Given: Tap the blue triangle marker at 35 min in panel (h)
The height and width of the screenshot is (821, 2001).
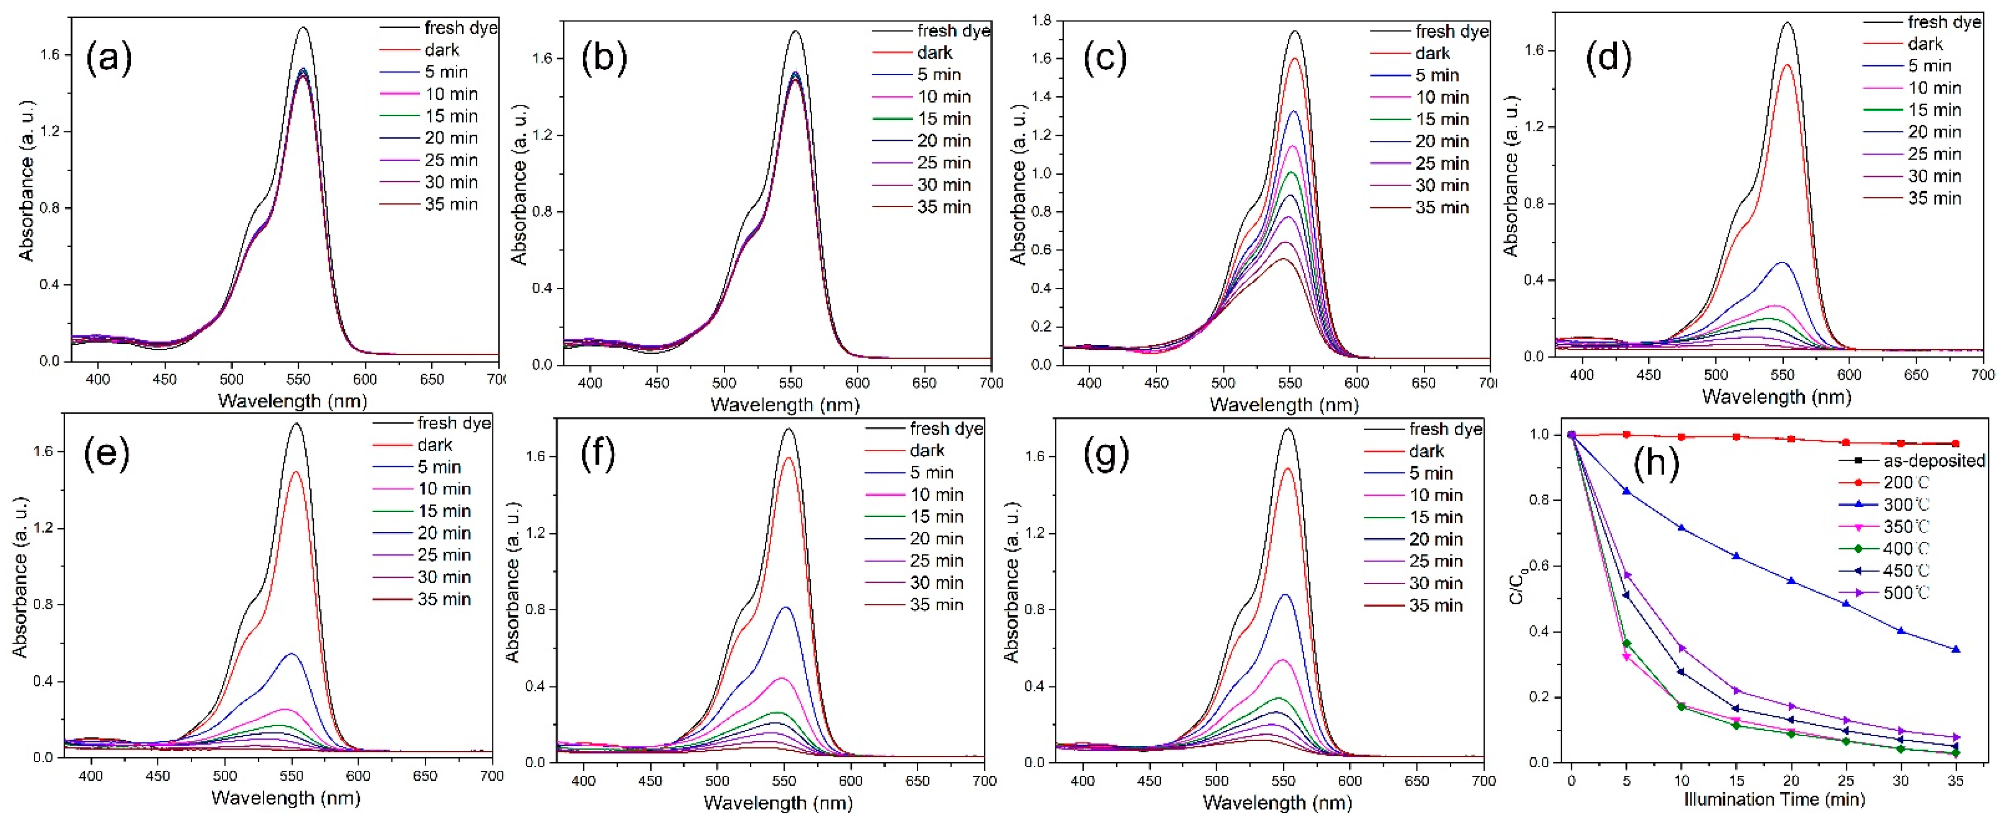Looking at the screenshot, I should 1956,650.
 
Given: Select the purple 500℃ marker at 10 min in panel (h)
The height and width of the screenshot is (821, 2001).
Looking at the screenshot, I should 1682,648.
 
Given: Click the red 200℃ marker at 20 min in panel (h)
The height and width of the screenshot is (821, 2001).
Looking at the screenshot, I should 1791,439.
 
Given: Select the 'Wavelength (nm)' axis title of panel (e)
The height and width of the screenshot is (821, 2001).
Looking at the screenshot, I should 285,798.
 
